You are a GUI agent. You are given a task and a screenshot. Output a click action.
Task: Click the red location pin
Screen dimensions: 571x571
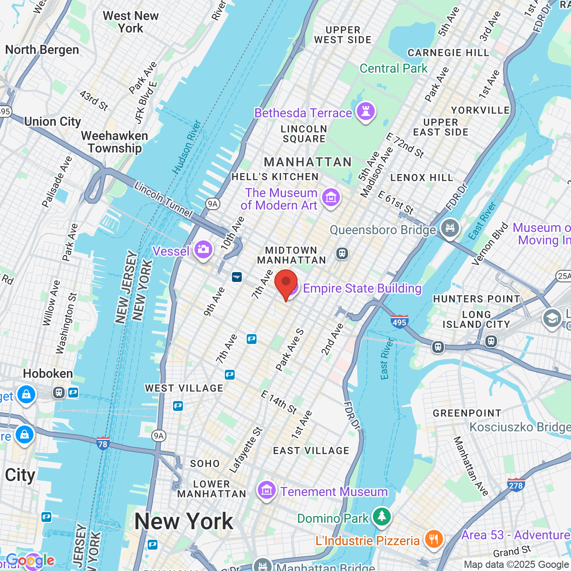click(x=286, y=284)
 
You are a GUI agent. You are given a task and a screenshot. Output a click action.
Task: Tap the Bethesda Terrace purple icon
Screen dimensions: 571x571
click(x=366, y=112)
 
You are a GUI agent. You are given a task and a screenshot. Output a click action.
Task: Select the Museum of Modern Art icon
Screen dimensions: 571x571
click(x=331, y=197)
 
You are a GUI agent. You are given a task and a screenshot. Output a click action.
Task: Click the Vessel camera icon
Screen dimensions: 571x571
click(x=203, y=250)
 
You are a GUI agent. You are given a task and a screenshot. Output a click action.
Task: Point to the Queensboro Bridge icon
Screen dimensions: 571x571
click(x=450, y=228)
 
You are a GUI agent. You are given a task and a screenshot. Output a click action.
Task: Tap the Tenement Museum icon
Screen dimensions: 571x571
click(x=266, y=491)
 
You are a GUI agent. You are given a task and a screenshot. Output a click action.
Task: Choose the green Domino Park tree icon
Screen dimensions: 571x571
click(x=381, y=517)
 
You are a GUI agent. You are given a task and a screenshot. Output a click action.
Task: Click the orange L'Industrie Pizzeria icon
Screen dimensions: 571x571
click(x=433, y=539)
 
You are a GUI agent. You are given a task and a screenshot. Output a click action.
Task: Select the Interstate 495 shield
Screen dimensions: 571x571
click(x=399, y=321)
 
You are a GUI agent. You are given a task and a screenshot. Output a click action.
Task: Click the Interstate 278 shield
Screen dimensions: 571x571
click(x=516, y=484)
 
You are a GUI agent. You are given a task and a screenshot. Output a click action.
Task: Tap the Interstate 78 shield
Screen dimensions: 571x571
click(x=103, y=443)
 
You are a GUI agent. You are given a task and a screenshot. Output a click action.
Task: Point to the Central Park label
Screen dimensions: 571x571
click(x=393, y=68)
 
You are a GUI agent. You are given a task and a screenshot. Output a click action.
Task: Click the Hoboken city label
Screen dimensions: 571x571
click(x=48, y=373)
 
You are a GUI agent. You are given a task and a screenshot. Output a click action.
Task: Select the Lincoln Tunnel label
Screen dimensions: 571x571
click(x=163, y=200)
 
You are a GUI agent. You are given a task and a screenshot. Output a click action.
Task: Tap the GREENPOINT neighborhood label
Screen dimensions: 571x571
click(x=467, y=413)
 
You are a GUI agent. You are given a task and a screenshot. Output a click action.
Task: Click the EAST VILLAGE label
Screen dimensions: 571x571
click(x=311, y=451)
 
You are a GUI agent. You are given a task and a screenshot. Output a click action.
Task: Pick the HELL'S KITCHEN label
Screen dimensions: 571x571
click(x=275, y=177)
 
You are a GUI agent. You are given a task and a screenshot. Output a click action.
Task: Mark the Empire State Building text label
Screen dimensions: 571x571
click(x=362, y=289)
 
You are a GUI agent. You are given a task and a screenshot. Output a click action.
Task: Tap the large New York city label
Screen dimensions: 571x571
click(x=184, y=521)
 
